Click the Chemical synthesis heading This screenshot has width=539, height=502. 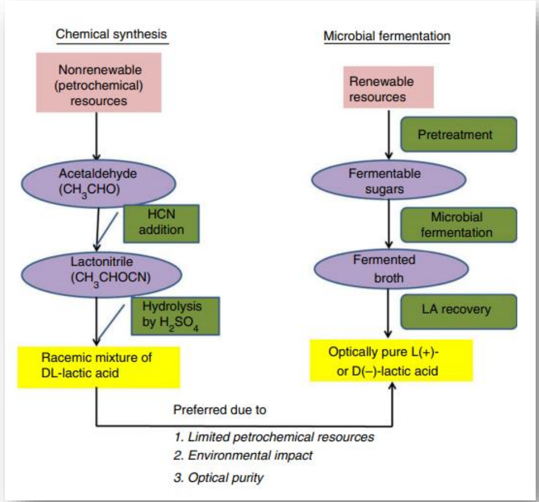tap(112, 34)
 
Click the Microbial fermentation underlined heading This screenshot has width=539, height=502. tap(387, 36)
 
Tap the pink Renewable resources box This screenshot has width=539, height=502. tap(391, 88)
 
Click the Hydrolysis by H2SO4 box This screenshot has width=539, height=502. tap(175, 315)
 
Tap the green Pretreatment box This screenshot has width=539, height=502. tap(458, 134)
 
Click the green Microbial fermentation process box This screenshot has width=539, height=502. tap(458, 224)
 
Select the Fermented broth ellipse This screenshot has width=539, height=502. tap(390, 268)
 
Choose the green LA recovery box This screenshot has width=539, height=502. tap(458, 309)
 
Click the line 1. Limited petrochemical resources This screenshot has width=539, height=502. tap(273, 437)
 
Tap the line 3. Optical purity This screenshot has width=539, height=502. tap(218, 477)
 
